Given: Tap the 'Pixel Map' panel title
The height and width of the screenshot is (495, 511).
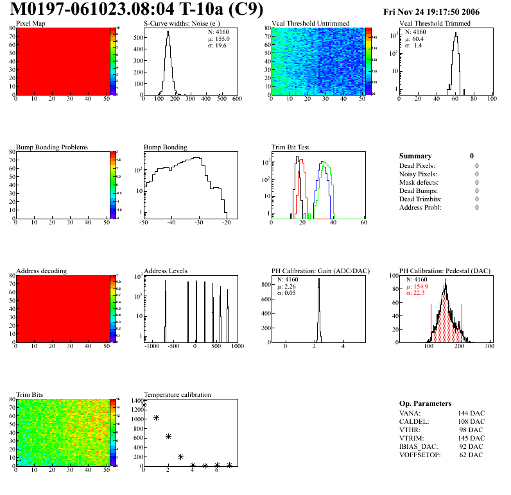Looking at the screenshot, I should (30, 24).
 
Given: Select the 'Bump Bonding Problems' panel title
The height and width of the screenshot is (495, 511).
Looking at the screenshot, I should (51, 147).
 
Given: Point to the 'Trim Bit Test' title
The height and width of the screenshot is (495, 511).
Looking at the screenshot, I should (291, 147).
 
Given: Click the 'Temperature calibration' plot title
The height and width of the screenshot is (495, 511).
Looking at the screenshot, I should (177, 394).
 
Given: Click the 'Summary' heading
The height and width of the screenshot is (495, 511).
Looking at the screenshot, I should (415, 156).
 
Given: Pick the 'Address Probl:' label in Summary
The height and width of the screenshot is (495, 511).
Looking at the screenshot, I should (420, 207).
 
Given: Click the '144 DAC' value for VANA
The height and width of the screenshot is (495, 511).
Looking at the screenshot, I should (472, 413).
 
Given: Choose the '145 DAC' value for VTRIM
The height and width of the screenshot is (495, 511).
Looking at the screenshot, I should (472, 438).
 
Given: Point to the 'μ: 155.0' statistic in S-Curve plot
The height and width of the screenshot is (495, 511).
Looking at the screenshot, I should (219, 38).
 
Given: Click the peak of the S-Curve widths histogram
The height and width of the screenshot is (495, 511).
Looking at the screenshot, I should (168, 32).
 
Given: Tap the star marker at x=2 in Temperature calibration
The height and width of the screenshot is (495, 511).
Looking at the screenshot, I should (168, 436).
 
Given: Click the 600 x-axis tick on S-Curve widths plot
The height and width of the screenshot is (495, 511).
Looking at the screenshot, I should (237, 99).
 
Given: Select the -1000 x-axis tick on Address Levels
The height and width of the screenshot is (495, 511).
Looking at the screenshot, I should (152, 346).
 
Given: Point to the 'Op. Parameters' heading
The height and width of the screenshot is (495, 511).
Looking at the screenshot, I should (425, 403).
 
